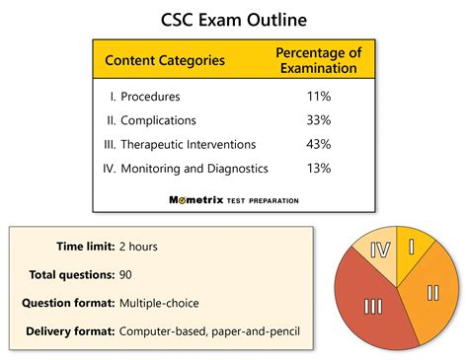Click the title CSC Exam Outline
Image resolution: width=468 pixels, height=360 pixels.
click(x=234, y=19)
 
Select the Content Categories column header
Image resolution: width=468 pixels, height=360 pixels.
click(x=165, y=60)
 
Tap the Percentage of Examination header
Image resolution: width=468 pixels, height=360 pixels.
click(x=317, y=60)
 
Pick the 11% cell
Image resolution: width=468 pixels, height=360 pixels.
click(x=318, y=98)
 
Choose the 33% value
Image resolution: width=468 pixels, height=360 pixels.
click(x=318, y=121)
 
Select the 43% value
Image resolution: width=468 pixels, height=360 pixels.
click(x=318, y=145)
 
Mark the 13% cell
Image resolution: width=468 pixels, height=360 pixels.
click(x=318, y=169)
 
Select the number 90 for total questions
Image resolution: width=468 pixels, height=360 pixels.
click(x=126, y=274)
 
